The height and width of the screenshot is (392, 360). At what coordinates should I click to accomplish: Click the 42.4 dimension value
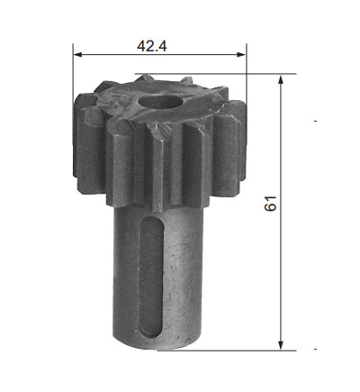152,46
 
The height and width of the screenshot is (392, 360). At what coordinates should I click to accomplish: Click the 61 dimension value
270,204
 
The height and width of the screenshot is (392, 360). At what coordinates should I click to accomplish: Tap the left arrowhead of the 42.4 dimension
77,54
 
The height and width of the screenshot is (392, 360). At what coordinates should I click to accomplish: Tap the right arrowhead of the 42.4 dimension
241,54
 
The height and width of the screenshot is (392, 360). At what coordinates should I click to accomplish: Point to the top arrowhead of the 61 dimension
281,80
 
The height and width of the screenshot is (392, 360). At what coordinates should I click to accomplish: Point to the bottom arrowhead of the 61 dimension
281,345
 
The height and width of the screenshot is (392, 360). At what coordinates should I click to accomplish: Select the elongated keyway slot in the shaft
151,277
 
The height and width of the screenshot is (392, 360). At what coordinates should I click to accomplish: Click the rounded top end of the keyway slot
152,221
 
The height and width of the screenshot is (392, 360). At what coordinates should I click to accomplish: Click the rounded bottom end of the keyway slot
152,333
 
